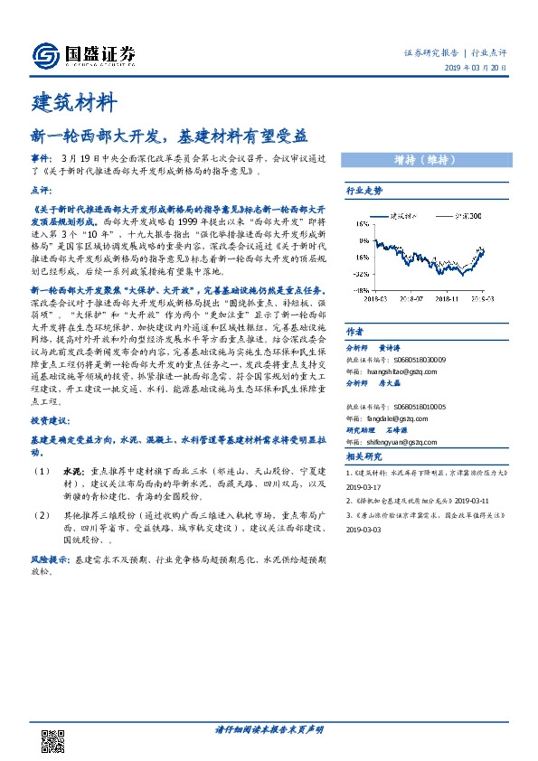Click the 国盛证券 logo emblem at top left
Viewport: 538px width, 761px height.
pos(46,55)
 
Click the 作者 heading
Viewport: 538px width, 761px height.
pos(355,331)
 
